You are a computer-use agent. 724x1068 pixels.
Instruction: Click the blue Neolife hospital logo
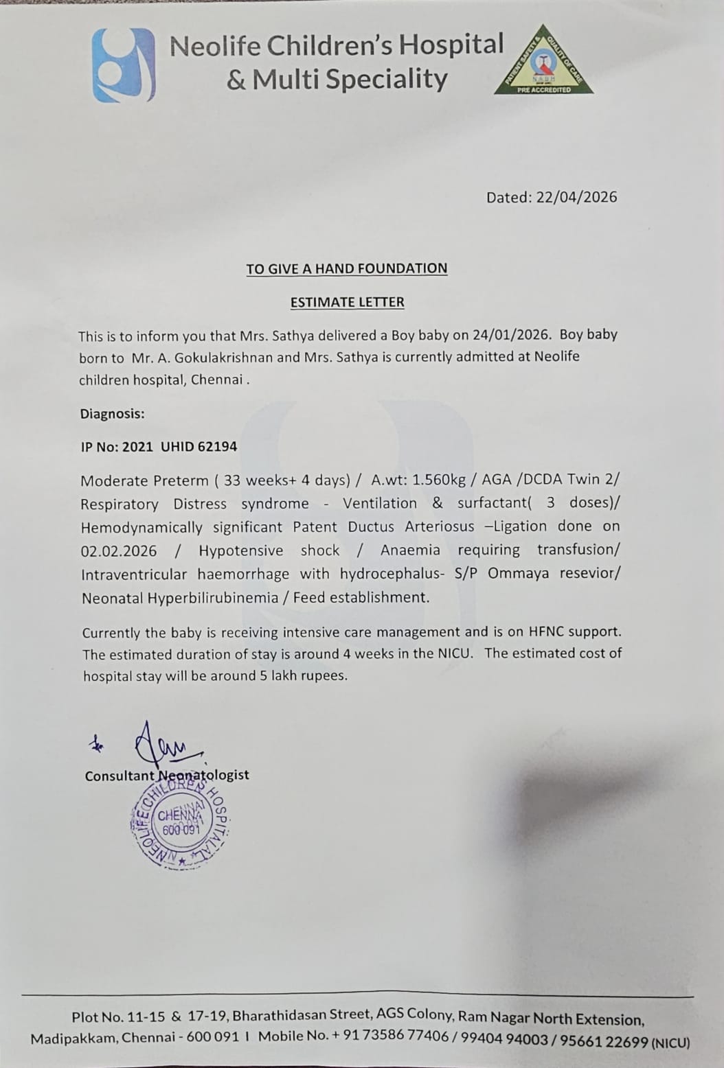(x=124, y=65)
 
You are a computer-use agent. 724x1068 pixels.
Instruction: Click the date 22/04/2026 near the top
(x=576, y=197)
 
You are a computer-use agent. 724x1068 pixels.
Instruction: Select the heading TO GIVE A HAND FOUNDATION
(x=347, y=268)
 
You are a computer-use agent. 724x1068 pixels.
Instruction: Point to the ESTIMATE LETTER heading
(x=347, y=302)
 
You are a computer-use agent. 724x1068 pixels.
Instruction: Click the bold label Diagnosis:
(x=113, y=414)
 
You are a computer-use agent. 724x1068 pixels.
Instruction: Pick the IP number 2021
(x=137, y=447)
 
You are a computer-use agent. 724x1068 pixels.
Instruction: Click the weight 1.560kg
(x=439, y=480)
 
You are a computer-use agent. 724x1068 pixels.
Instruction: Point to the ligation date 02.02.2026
(x=119, y=551)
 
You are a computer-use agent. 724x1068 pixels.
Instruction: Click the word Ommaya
(x=518, y=573)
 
